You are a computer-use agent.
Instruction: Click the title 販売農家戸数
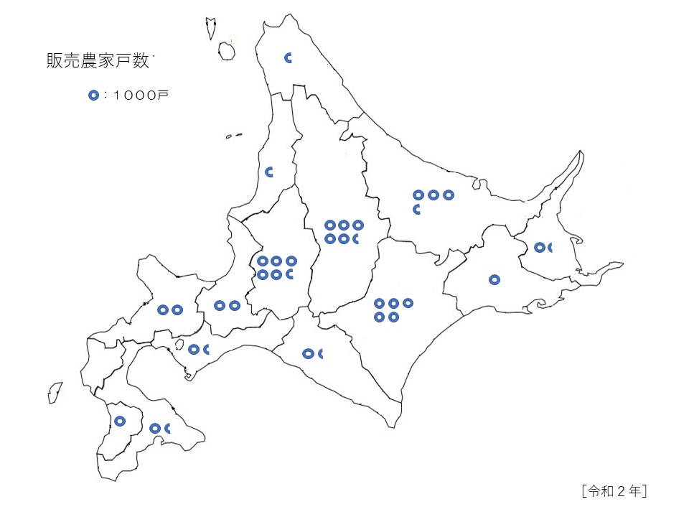click(97, 62)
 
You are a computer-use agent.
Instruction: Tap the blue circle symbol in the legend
click(93, 96)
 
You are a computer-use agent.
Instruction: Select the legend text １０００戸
click(139, 96)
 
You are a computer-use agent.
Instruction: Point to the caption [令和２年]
click(615, 491)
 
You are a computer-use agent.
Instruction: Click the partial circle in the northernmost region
click(289, 58)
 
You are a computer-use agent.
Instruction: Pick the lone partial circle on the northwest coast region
click(270, 172)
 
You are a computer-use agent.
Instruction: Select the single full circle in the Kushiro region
click(494, 279)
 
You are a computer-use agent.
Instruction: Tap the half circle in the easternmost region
click(550, 248)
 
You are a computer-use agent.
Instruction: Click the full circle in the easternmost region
click(539, 248)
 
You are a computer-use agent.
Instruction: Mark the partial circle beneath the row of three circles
click(417, 209)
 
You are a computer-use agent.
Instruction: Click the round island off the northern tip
click(227, 51)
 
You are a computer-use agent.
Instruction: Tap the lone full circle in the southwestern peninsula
click(120, 421)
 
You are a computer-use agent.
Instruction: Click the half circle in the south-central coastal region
click(320, 353)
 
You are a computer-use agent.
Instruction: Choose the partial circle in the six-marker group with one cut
click(291, 274)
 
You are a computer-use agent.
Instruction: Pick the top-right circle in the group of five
click(408, 303)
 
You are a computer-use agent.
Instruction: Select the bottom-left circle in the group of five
click(379, 317)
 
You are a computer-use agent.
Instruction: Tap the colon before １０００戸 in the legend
click(105, 96)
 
